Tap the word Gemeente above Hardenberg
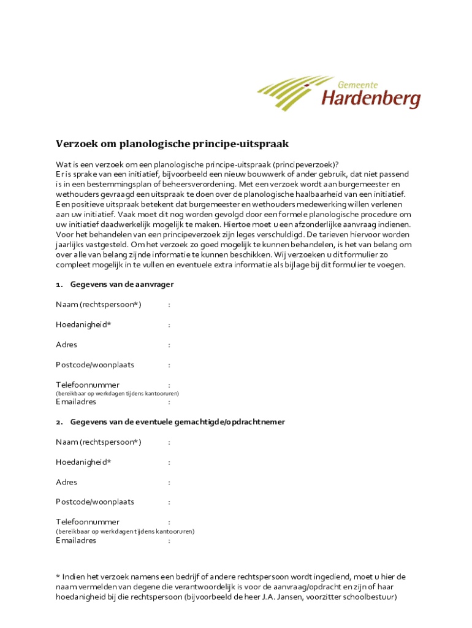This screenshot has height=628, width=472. pos(358,84)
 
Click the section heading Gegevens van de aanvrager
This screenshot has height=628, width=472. pos(122,285)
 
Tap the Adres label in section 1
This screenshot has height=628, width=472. pos(67,345)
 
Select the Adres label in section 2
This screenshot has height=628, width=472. pos(67,482)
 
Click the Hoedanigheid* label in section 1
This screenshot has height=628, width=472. pos(83,324)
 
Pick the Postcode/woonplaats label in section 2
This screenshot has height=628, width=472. pos(95,502)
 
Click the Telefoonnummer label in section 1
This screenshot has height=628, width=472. pos(88,385)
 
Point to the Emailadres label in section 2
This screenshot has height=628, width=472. pos(76,541)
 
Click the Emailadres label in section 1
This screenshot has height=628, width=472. pos(76,402)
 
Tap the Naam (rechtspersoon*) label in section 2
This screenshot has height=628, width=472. pos(99,442)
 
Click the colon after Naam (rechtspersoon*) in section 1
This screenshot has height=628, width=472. pos(169,305)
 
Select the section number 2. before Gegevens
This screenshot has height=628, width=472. pos(59,422)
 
